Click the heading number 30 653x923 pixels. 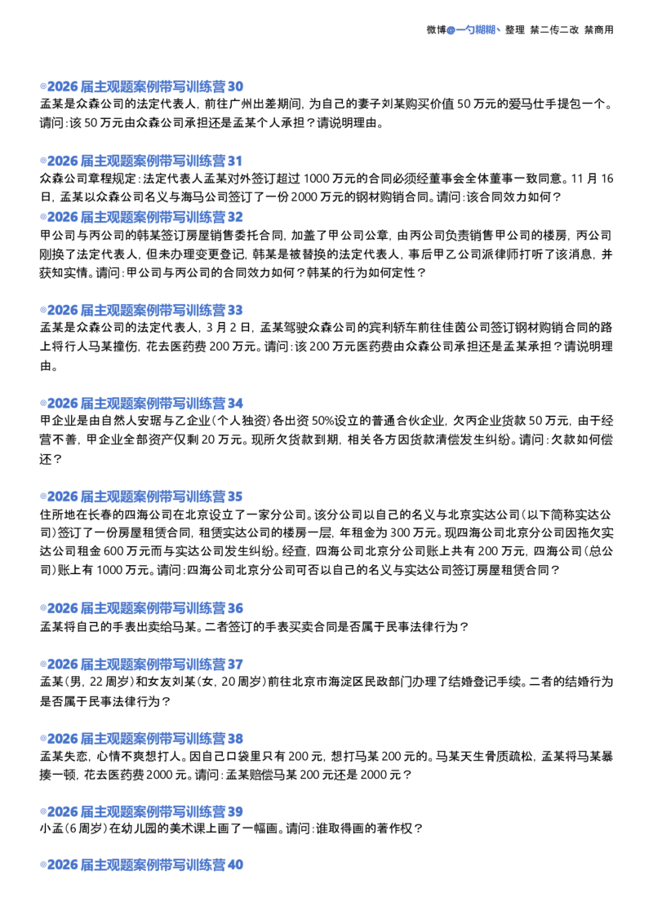(235, 86)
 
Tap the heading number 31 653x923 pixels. (234, 161)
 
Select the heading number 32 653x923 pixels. (235, 217)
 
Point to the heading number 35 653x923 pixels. (235, 497)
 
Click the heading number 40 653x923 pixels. (235, 865)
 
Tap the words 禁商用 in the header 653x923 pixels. (599, 30)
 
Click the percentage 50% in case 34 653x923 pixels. (322, 421)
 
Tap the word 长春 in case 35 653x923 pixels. (100, 515)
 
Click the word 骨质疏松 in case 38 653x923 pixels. (510, 757)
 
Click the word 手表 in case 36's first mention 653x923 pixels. (111, 627)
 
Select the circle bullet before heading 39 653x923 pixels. (43, 812)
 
